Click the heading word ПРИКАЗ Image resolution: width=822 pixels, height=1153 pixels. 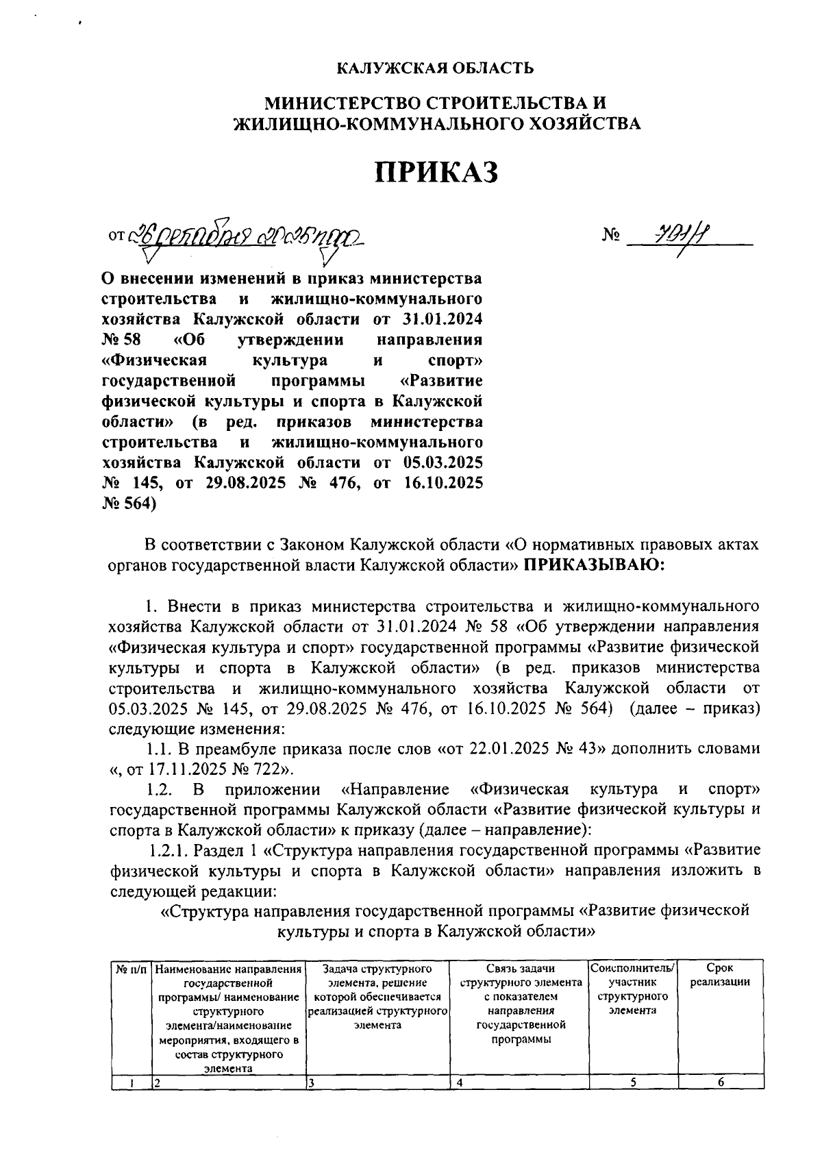[436, 173]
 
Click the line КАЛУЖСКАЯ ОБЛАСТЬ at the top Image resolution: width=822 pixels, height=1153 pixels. [436, 68]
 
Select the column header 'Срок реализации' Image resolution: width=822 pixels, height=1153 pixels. [719, 976]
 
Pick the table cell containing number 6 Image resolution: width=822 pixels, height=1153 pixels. [719, 1082]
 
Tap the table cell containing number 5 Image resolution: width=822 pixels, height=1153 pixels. [633, 1082]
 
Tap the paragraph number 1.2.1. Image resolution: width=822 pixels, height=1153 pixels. [169, 850]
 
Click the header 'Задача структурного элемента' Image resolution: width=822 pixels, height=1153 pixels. [377, 976]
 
